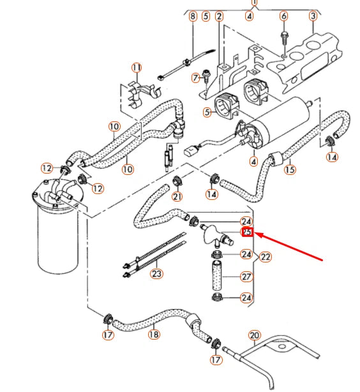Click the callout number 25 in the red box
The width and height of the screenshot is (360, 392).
(247, 232)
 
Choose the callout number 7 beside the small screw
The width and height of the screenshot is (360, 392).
(196, 78)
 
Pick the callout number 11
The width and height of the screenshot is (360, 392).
(136, 68)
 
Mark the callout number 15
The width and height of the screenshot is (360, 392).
(290, 170)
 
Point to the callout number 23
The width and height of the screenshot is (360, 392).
(156, 275)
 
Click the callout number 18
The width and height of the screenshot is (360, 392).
(154, 334)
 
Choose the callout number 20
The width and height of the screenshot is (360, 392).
(254, 335)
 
